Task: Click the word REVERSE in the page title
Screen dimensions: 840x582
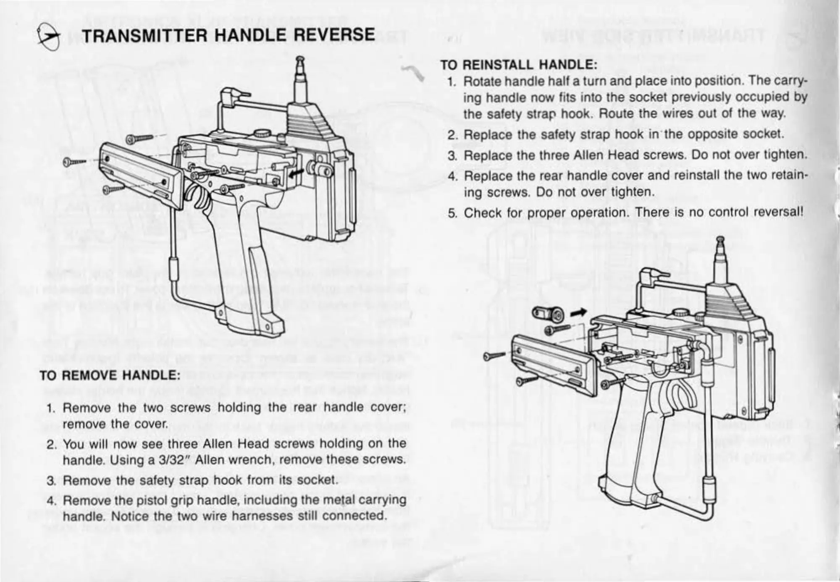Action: [333, 35]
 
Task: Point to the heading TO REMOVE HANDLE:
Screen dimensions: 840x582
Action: [110, 375]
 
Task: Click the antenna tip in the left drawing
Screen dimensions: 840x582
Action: [299, 60]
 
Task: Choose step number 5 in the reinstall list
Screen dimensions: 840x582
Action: [452, 213]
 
